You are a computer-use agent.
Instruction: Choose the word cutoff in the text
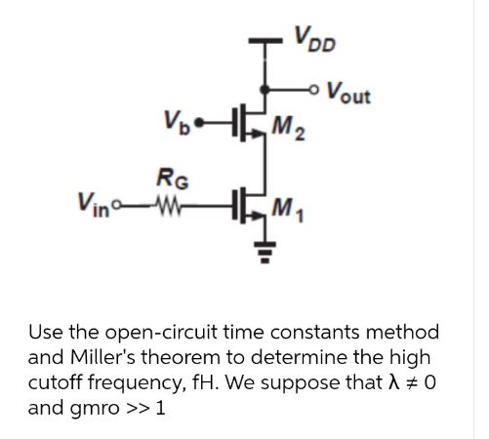point(56,381)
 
